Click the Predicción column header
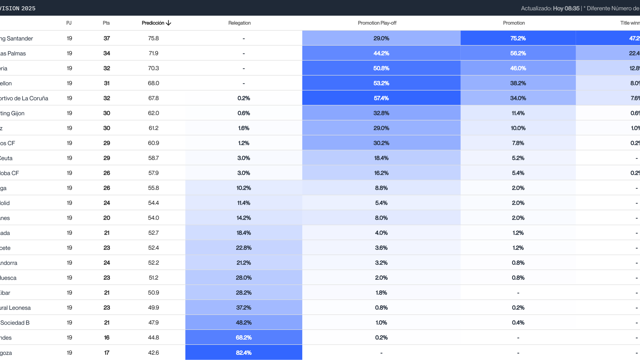click(x=153, y=23)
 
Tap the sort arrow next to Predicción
click(x=169, y=23)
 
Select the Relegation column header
click(x=239, y=23)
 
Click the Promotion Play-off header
click(x=377, y=23)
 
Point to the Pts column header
click(x=106, y=23)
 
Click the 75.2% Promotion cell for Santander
click(x=518, y=38)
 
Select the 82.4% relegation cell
click(x=244, y=353)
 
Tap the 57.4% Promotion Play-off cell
click(x=381, y=98)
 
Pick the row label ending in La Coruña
click(x=24, y=98)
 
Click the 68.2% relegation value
click(x=244, y=338)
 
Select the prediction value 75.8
click(x=153, y=38)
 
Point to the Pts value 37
click(x=107, y=38)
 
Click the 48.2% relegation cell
click(x=244, y=323)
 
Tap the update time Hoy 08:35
click(x=566, y=8)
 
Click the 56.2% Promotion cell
click(x=518, y=53)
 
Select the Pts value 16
click(x=107, y=338)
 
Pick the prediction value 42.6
click(x=153, y=353)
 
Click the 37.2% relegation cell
click(x=244, y=308)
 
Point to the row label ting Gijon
click(x=12, y=113)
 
